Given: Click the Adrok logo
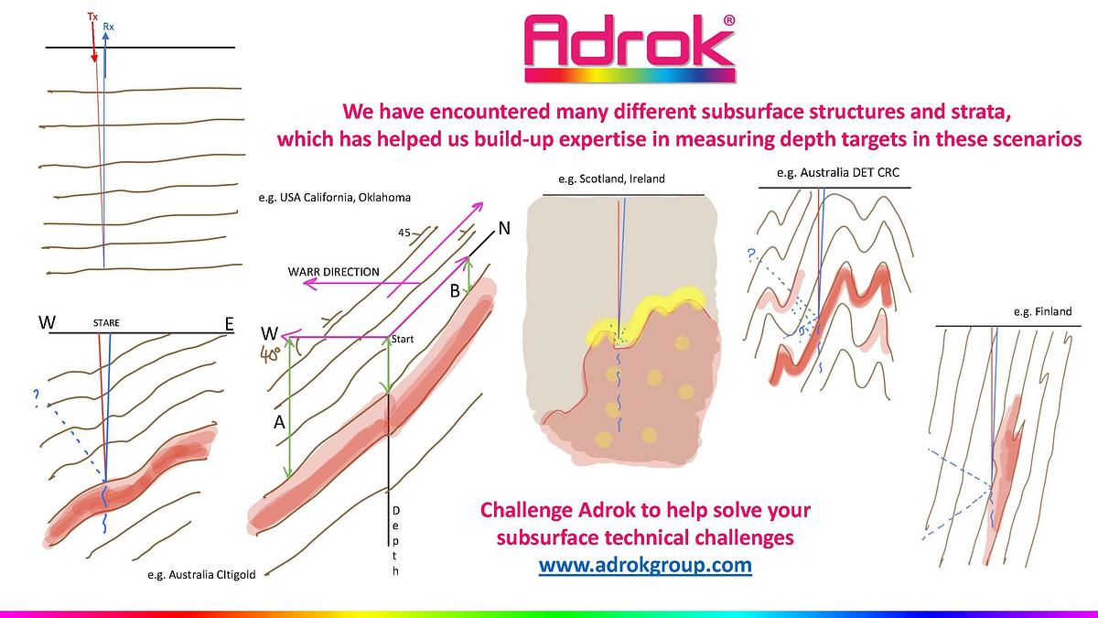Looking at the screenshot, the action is tap(630, 48).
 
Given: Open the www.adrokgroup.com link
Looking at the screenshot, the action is tap(645, 565).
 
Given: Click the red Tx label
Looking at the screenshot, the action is tap(92, 16).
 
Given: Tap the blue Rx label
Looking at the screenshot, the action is tap(108, 27).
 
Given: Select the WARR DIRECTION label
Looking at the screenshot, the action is tap(334, 272).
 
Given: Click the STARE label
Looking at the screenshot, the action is tap(106, 322).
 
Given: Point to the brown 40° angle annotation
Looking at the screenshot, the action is tap(270, 354).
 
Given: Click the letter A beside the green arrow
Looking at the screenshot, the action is tap(279, 422).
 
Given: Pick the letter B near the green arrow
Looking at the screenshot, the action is tap(455, 291).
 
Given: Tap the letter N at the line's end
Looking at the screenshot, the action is tap(504, 228).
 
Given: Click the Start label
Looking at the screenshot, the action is tap(403, 339).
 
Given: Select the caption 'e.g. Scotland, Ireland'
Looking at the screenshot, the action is tap(612, 179).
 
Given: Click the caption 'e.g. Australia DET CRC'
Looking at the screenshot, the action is tap(838, 173).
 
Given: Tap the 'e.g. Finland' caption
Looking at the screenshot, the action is tap(1043, 311).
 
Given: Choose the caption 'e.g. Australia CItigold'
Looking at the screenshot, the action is tap(201, 575).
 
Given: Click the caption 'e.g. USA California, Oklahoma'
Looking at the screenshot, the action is tap(335, 198).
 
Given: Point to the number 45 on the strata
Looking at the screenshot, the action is tap(404, 233).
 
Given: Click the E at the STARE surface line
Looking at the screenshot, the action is tap(229, 324).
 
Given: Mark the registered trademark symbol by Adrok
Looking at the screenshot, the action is tap(729, 20).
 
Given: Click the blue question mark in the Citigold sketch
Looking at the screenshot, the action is tap(36, 398).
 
